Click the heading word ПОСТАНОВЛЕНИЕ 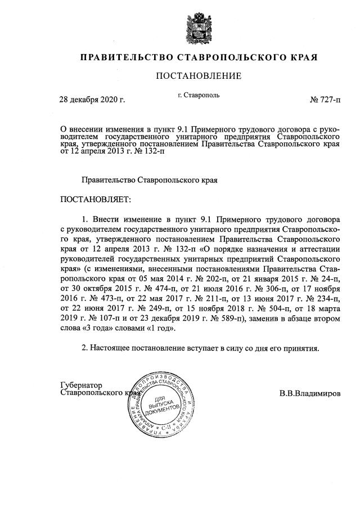tap(199, 76)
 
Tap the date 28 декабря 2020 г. tap(92, 100)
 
